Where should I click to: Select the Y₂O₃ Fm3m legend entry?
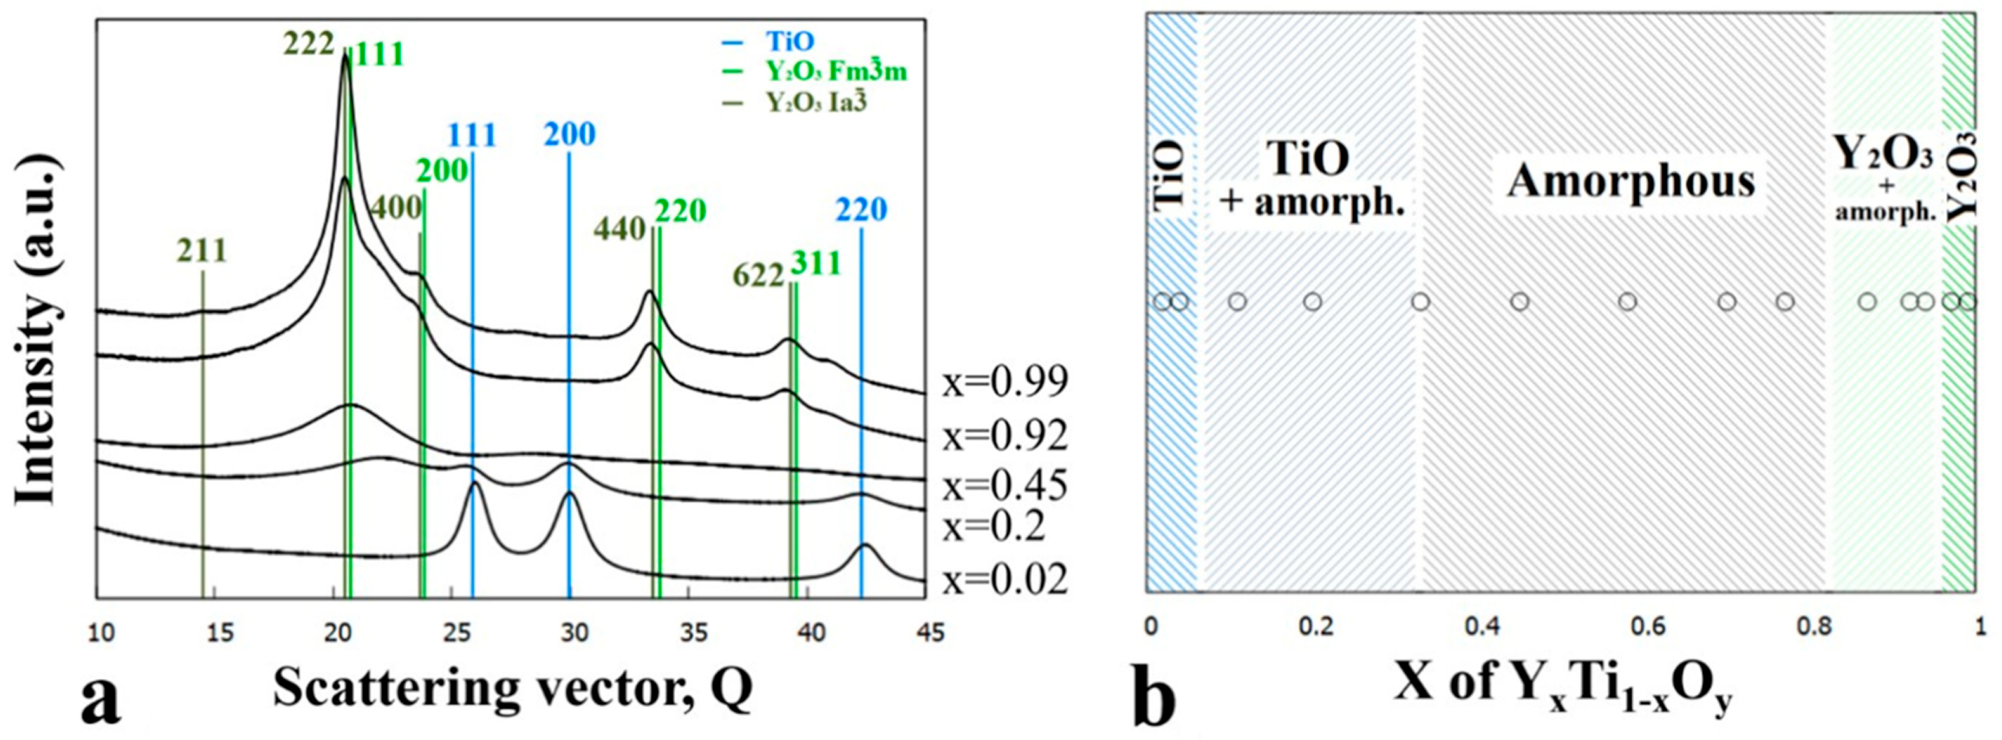(835, 71)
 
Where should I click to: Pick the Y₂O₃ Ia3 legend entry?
(816, 102)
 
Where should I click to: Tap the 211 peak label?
(201, 250)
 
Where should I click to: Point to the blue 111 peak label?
(472, 135)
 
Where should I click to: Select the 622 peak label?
(759, 275)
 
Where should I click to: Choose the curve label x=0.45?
(1005, 487)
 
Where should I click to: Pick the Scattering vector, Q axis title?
(512, 687)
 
